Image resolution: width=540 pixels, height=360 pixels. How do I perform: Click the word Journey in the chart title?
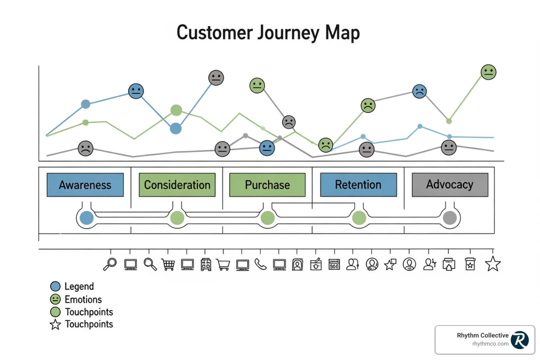coord(288,33)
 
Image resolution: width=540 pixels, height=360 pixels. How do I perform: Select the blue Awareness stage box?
coord(85,185)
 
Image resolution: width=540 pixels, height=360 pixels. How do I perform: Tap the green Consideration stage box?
coord(177,185)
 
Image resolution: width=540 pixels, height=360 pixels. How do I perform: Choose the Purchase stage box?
coord(267,185)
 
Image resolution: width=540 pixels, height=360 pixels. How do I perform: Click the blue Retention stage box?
coord(358,185)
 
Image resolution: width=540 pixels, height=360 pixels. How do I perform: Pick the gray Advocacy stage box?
coord(450,185)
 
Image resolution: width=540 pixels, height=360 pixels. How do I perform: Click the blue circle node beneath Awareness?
coord(86,218)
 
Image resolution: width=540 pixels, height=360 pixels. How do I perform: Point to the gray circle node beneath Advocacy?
coord(450,218)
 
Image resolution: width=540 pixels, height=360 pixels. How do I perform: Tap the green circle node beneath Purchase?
coord(268,218)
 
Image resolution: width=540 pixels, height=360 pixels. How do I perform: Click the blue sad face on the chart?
coord(419,91)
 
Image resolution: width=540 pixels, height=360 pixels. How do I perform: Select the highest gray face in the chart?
coord(216,78)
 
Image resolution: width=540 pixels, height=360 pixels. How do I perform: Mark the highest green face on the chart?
coord(488,72)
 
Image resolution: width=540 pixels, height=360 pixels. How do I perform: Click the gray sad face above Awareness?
coord(85,148)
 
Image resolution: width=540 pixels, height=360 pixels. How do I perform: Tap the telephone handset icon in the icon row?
coord(261,264)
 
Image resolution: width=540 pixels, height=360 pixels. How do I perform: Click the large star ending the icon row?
coord(493,264)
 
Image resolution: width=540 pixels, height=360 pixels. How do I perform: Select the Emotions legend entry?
coord(83,300)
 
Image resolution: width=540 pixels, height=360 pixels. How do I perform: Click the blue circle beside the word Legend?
coord(55,287)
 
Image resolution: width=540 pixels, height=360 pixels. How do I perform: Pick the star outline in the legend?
coord(55,324)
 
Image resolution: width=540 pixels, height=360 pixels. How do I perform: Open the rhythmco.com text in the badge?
coord(490,344)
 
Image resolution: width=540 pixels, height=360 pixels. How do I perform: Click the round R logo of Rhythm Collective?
coord(520,340)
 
